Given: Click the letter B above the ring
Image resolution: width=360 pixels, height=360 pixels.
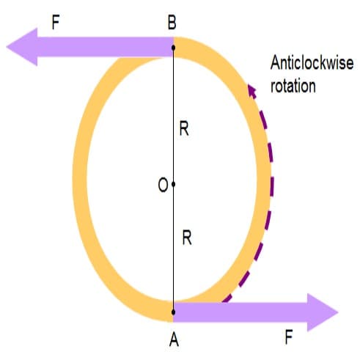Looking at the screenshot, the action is pyautogui.click(x=172, y=23).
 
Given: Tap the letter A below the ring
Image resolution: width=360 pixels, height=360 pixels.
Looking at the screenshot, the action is pyautogui.click(x=174, y=339).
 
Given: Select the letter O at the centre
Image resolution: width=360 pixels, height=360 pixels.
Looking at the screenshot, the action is pyautogui.click(x=163, y=185).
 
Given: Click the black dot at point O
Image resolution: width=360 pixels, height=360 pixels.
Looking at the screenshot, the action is pyautogui.click(x=173, y=184).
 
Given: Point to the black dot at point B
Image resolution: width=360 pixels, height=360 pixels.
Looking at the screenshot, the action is pyautogui.click(x=173, y=48).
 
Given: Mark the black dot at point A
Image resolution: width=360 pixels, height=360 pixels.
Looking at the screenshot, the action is pyautogui.click(x=173, y=312).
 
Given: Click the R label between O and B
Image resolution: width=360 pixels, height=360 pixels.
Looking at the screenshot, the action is pyautogui.click(x=184, y=129).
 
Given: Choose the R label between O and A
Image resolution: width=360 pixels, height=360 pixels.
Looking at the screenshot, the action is pyautogui.click(x=187, y=238).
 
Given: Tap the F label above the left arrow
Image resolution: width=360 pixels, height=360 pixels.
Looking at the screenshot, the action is pyautogui.click(x=56, y=23).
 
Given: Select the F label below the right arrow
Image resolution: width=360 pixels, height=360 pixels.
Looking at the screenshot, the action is pyautogui.click(x=289, y=337).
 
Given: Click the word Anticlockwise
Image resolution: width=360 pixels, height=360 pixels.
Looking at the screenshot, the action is pyautogui.click(x=312, y=63).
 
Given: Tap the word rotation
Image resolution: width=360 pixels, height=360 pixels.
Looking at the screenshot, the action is pyautogui.click(x=293, y=86).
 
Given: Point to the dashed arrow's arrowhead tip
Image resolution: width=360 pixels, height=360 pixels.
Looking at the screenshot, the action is pyautogui.click(x=249, y=84).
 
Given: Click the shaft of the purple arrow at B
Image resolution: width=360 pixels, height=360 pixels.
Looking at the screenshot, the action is pyautogui.click(x=106, y=47).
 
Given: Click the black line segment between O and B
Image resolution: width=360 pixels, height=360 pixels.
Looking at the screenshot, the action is pyautogui.click(x=173, y=116).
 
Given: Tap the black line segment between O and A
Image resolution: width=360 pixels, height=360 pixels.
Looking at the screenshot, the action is pyautogui.click(x=173, y=248).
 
